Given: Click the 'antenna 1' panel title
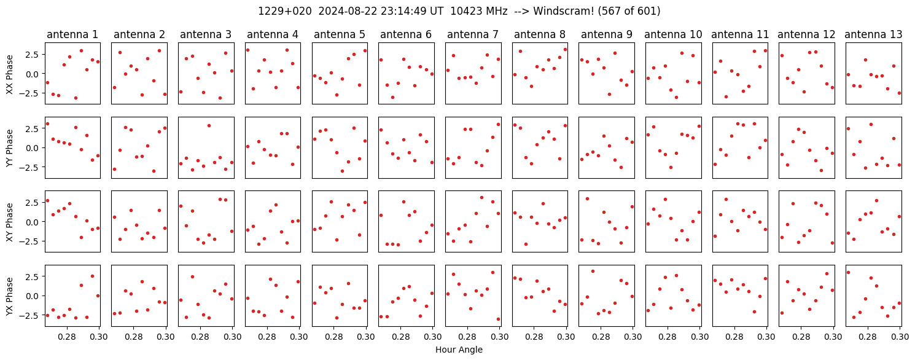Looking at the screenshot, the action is click(x=72, y=35).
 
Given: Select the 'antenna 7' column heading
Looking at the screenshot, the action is click(x=473, y=35).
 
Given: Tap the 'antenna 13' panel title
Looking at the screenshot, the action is click(x=873, y=35).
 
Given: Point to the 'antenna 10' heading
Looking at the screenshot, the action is click(x=673, y=35).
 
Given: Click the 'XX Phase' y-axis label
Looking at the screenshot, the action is click(x=9, y=74).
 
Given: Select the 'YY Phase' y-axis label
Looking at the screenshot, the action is click(x=9, y=148).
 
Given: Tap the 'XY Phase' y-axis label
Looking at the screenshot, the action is click(x=9, y=222).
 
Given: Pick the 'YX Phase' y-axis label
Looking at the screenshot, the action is click(x=9, y=296).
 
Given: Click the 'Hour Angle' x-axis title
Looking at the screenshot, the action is click(x=459, y=350).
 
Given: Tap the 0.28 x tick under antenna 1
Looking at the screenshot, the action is click(x=67, y=337).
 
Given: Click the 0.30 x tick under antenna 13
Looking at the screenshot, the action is click(x=900, y=337).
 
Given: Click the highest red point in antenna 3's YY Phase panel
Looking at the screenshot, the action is click(x=209, y=126).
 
